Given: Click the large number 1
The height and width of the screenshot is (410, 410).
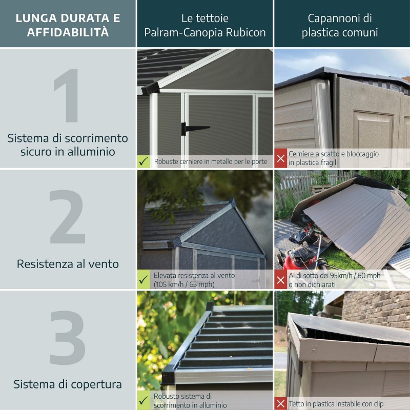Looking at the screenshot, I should coord(68,96).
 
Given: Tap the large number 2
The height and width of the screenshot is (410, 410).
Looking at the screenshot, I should coord(67,217).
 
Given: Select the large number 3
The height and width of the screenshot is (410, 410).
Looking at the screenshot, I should coord(68,338).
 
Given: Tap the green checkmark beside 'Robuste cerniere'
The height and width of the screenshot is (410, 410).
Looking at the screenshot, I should coord(144,161).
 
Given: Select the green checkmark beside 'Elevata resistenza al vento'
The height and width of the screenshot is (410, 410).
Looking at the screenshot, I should coord(144,280).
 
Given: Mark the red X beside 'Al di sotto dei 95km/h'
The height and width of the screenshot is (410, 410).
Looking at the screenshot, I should coord(281,280).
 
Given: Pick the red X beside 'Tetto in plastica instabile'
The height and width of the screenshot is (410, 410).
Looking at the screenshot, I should coord(281,403).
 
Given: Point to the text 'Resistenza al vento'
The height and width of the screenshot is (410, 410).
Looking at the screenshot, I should coord(68,264).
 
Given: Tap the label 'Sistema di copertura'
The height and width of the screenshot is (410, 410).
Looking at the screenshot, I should coord(68,384).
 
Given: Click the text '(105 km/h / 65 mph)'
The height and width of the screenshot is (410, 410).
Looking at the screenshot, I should coord(184,284).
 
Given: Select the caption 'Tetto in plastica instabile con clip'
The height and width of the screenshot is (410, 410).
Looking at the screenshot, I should coord(336,404).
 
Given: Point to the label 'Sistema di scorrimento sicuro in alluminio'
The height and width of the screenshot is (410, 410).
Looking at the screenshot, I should coord(68,145).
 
